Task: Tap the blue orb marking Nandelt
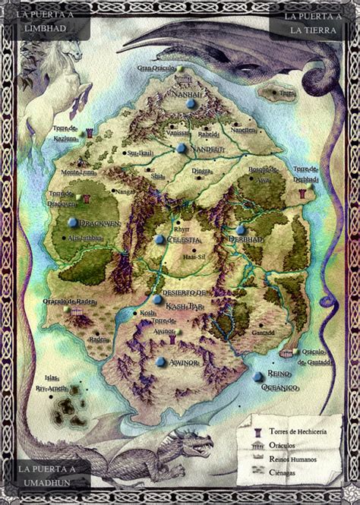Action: click(x=181, y=148)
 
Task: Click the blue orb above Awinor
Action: click(x=161, y=361)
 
